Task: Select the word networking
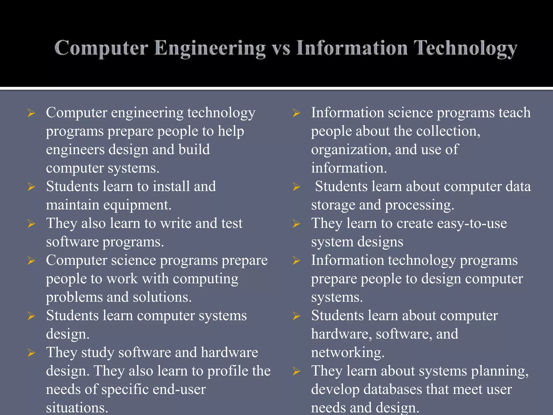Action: (348, 353)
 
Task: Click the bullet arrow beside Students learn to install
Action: (31, 187)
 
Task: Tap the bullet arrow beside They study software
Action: (31, 353)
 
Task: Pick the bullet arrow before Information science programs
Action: (296, 113)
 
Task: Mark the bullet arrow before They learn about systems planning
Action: (296, 371)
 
